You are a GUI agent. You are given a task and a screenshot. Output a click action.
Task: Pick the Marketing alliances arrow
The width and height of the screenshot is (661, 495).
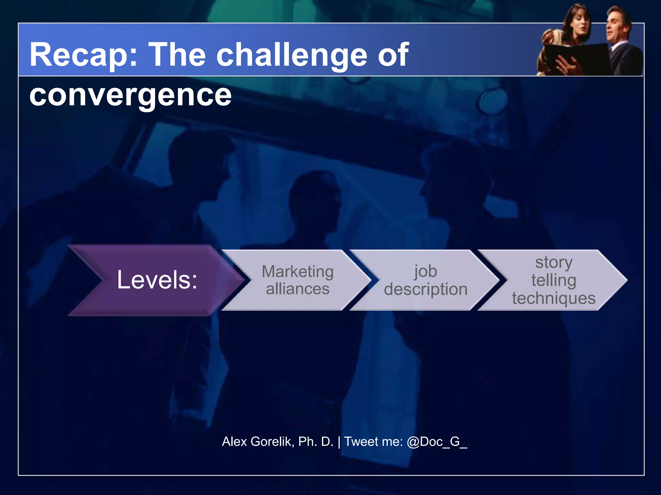point(297,280)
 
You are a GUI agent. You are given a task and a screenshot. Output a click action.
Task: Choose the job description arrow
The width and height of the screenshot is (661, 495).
point(425,280)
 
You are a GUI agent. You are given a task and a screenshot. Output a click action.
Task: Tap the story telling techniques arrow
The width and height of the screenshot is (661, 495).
point(554,280)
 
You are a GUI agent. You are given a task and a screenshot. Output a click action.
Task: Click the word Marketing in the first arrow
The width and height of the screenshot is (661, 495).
point(297,271)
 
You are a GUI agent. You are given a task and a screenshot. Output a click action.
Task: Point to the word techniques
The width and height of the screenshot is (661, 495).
point(554,298)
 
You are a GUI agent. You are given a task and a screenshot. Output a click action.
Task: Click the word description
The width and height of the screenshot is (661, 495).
point(425,289)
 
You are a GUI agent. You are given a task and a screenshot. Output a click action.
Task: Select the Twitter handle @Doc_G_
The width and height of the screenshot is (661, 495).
point(437,442)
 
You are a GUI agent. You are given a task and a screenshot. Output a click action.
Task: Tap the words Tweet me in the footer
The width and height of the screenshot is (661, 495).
point(373,442)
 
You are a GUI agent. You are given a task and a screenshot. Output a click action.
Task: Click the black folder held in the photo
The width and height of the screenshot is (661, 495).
point(581,58)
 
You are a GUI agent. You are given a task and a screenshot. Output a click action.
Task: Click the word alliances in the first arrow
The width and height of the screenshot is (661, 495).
point(297,289)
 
